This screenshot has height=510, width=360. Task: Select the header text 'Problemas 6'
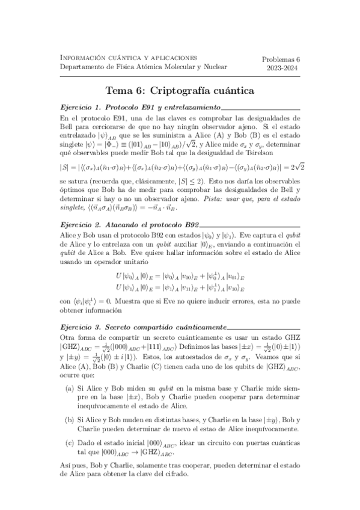click(285, 59)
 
